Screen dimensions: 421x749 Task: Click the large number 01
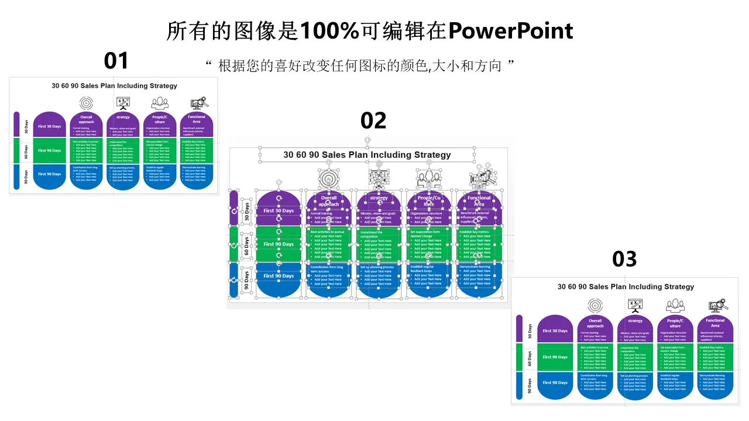click(116, 61)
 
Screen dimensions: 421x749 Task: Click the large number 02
click(373, 120)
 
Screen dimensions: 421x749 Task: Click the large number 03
click(624, 258)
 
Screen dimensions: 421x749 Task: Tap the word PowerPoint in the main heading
click(511, 31)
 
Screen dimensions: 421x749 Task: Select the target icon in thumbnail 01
click(86, 103)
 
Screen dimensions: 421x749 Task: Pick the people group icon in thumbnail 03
click(675, 306)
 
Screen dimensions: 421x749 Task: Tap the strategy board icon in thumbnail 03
click(635, 305)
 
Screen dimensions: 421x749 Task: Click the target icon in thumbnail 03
click(595, 305)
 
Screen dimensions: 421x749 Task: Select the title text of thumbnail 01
click(114, 86)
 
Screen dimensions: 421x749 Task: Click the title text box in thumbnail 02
click(367, 155)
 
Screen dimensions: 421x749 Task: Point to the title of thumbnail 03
click(626, 287)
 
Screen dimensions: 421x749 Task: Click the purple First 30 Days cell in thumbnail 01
click(50, 126)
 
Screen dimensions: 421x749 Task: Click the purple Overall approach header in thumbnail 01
click(86, 120)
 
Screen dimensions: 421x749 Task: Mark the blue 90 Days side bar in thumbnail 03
click(518, 385)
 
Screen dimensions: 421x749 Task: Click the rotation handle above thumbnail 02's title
click(367, 140)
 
